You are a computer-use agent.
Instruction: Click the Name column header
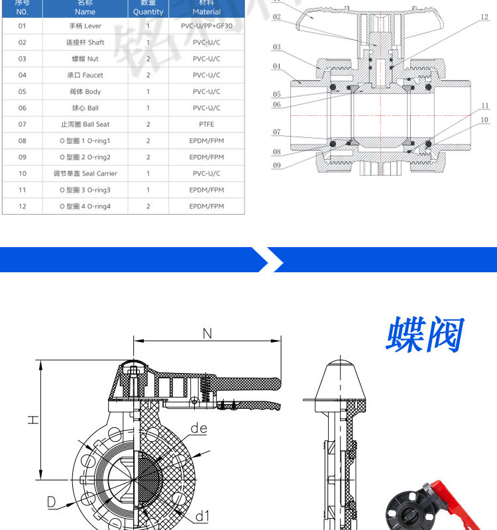coord(85,8)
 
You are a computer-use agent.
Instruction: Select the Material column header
coord(207,8)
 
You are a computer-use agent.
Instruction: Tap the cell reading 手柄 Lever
coord(85,26)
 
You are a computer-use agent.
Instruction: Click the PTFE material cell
coord(207,125)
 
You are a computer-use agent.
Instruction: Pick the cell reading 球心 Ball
coord(85,108)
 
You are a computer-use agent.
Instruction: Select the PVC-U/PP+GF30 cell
coord(207,26)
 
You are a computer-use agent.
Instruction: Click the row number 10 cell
coord(23,174)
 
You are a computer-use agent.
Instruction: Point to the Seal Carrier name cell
coord(85,174)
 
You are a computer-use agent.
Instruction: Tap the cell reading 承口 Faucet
coord(85,76)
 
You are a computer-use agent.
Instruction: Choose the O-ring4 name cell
coord(85,207)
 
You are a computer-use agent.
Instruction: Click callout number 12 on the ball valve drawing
coord(484,17)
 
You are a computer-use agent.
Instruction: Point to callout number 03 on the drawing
coord(276,47)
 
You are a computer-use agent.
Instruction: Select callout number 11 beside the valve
coord(485,105)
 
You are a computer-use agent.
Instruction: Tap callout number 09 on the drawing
coord(276,165)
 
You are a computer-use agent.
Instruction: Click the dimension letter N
coord(207,333)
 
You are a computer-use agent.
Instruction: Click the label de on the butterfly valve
coord(199,429)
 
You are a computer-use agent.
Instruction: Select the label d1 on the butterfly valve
coord(202,515)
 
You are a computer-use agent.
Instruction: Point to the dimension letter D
coord(50,502)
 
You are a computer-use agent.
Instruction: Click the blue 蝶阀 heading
coord(424,335)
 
